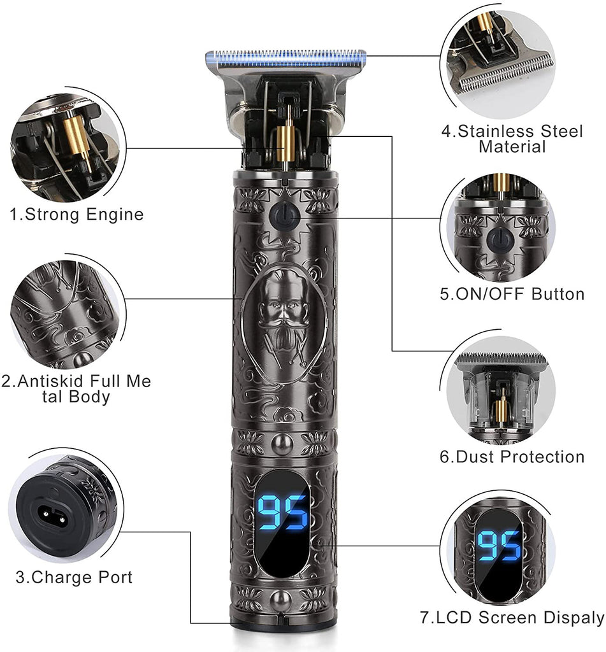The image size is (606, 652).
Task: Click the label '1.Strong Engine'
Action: tap(76, 215)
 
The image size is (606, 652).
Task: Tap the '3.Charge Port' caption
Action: tap(74, 577)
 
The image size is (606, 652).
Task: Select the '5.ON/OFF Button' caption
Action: tap(512, 294)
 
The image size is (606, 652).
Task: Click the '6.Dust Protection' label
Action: tap(512, 457)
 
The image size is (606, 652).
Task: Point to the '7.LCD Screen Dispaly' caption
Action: tap(512, 618)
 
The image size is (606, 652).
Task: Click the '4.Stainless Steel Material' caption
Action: tap(512, 139)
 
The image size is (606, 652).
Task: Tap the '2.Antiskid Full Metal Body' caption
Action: tap(76, 389)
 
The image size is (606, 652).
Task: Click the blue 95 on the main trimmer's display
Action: tap(282, 513)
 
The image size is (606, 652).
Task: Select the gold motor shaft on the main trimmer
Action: tap(286, 143)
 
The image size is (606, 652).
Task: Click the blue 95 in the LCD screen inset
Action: tap(498, 545)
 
